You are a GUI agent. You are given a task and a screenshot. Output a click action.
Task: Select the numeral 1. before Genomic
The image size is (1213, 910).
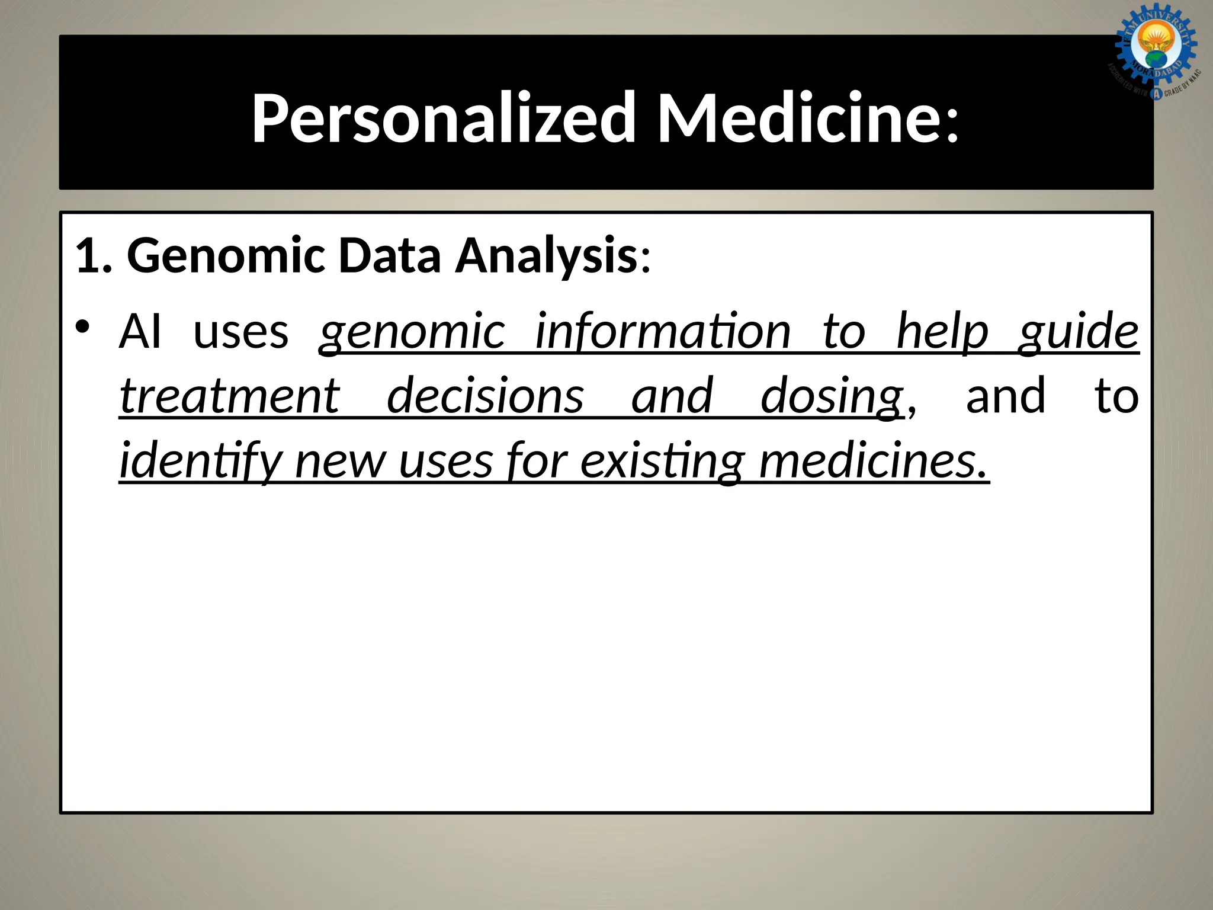tap(94, 256)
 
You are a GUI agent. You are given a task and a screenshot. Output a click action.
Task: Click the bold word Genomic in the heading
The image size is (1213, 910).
tap(226, 256)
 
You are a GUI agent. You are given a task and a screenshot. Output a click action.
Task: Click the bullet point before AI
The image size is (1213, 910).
tap(83, 327)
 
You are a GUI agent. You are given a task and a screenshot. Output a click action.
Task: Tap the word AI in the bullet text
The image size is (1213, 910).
tap(140, 332)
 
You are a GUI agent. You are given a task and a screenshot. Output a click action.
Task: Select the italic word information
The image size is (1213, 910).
tap(663, 332)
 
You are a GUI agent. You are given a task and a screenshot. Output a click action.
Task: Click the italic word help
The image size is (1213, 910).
tap(942, 332)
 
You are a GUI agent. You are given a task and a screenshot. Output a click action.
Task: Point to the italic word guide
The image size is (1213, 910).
tap(1079, 332)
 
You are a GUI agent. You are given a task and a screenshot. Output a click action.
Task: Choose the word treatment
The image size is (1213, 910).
tap(230, 396)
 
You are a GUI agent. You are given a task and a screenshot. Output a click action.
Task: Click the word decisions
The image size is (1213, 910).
tap(485, 396)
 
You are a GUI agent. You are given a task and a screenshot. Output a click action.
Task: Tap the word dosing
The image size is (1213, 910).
tap(832, 396)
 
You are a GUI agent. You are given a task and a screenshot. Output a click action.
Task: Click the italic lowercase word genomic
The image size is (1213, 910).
tap(412, 332)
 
